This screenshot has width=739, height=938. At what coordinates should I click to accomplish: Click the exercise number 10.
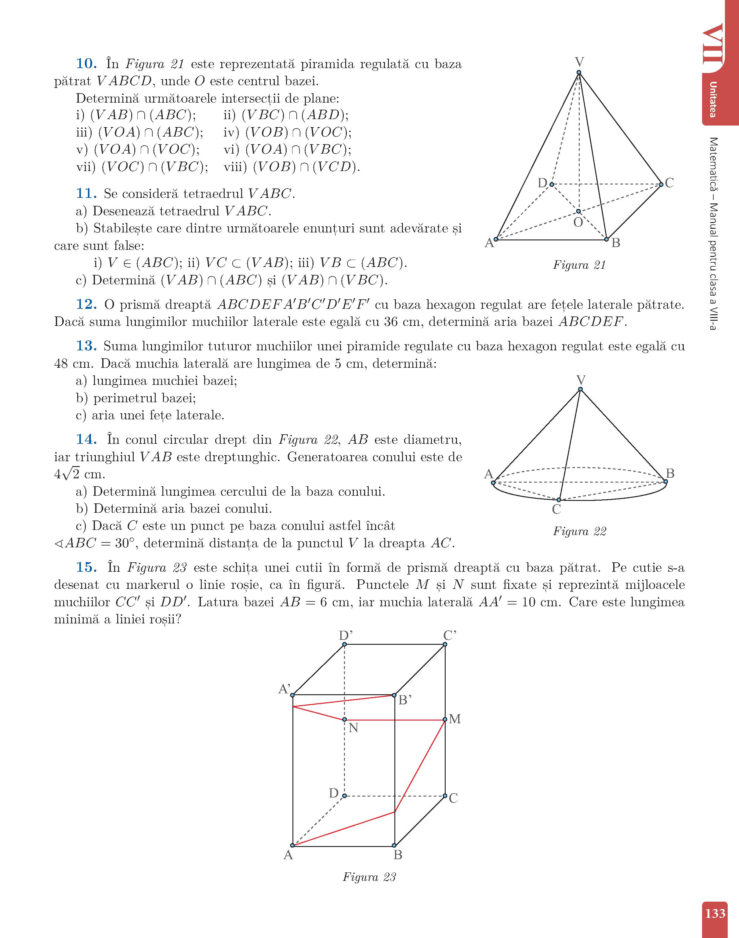click(x=86, y=64)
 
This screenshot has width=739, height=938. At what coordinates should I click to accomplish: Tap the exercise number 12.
click(x=86, y=305)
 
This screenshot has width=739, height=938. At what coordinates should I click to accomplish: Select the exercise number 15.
click(x=86, y=568)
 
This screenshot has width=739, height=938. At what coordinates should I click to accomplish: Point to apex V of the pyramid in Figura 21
click(x=578, y=72)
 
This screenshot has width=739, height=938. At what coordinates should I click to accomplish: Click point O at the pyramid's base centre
click(x=578, y=211)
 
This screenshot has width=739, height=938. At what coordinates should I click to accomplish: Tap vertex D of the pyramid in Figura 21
click(x=552, y=184)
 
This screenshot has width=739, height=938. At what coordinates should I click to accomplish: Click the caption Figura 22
click(x=579, y=531)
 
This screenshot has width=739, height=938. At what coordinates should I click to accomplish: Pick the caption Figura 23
click(x=369, y=877)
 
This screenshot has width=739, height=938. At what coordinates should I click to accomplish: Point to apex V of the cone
click(x=580, y=389)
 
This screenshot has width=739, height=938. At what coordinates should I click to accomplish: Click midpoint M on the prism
click(x=445, y=720)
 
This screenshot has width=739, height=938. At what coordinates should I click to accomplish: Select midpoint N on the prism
click(x=344, y=720)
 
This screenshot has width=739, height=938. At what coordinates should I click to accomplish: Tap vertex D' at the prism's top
click(x=344, y=644)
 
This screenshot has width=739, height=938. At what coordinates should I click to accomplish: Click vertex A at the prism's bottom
click(x=292, y=845)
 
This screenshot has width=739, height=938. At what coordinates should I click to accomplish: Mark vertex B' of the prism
click(x=394, y=695)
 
